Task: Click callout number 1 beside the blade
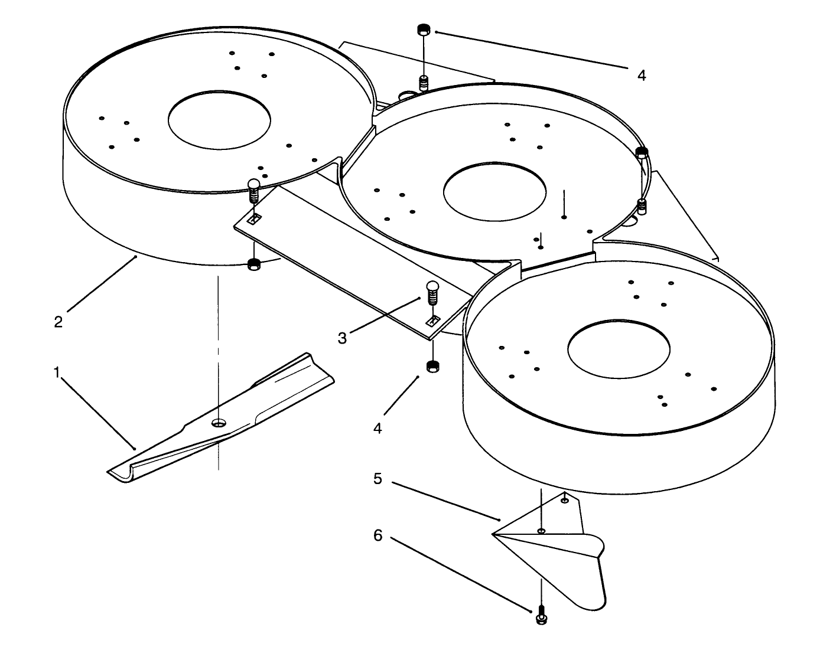pos(57,372)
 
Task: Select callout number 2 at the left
pos(58,322)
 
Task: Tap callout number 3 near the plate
pos(343,338)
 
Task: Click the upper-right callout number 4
pos(642,75)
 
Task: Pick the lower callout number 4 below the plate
pos(378,427)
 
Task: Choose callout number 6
pos(378,535)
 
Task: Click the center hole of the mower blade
pos(219,423)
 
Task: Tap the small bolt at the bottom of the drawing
pos(540,618)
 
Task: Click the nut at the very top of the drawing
pos(423,29)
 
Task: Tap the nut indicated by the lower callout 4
pos(432,367)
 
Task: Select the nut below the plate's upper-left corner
pos(254,264)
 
